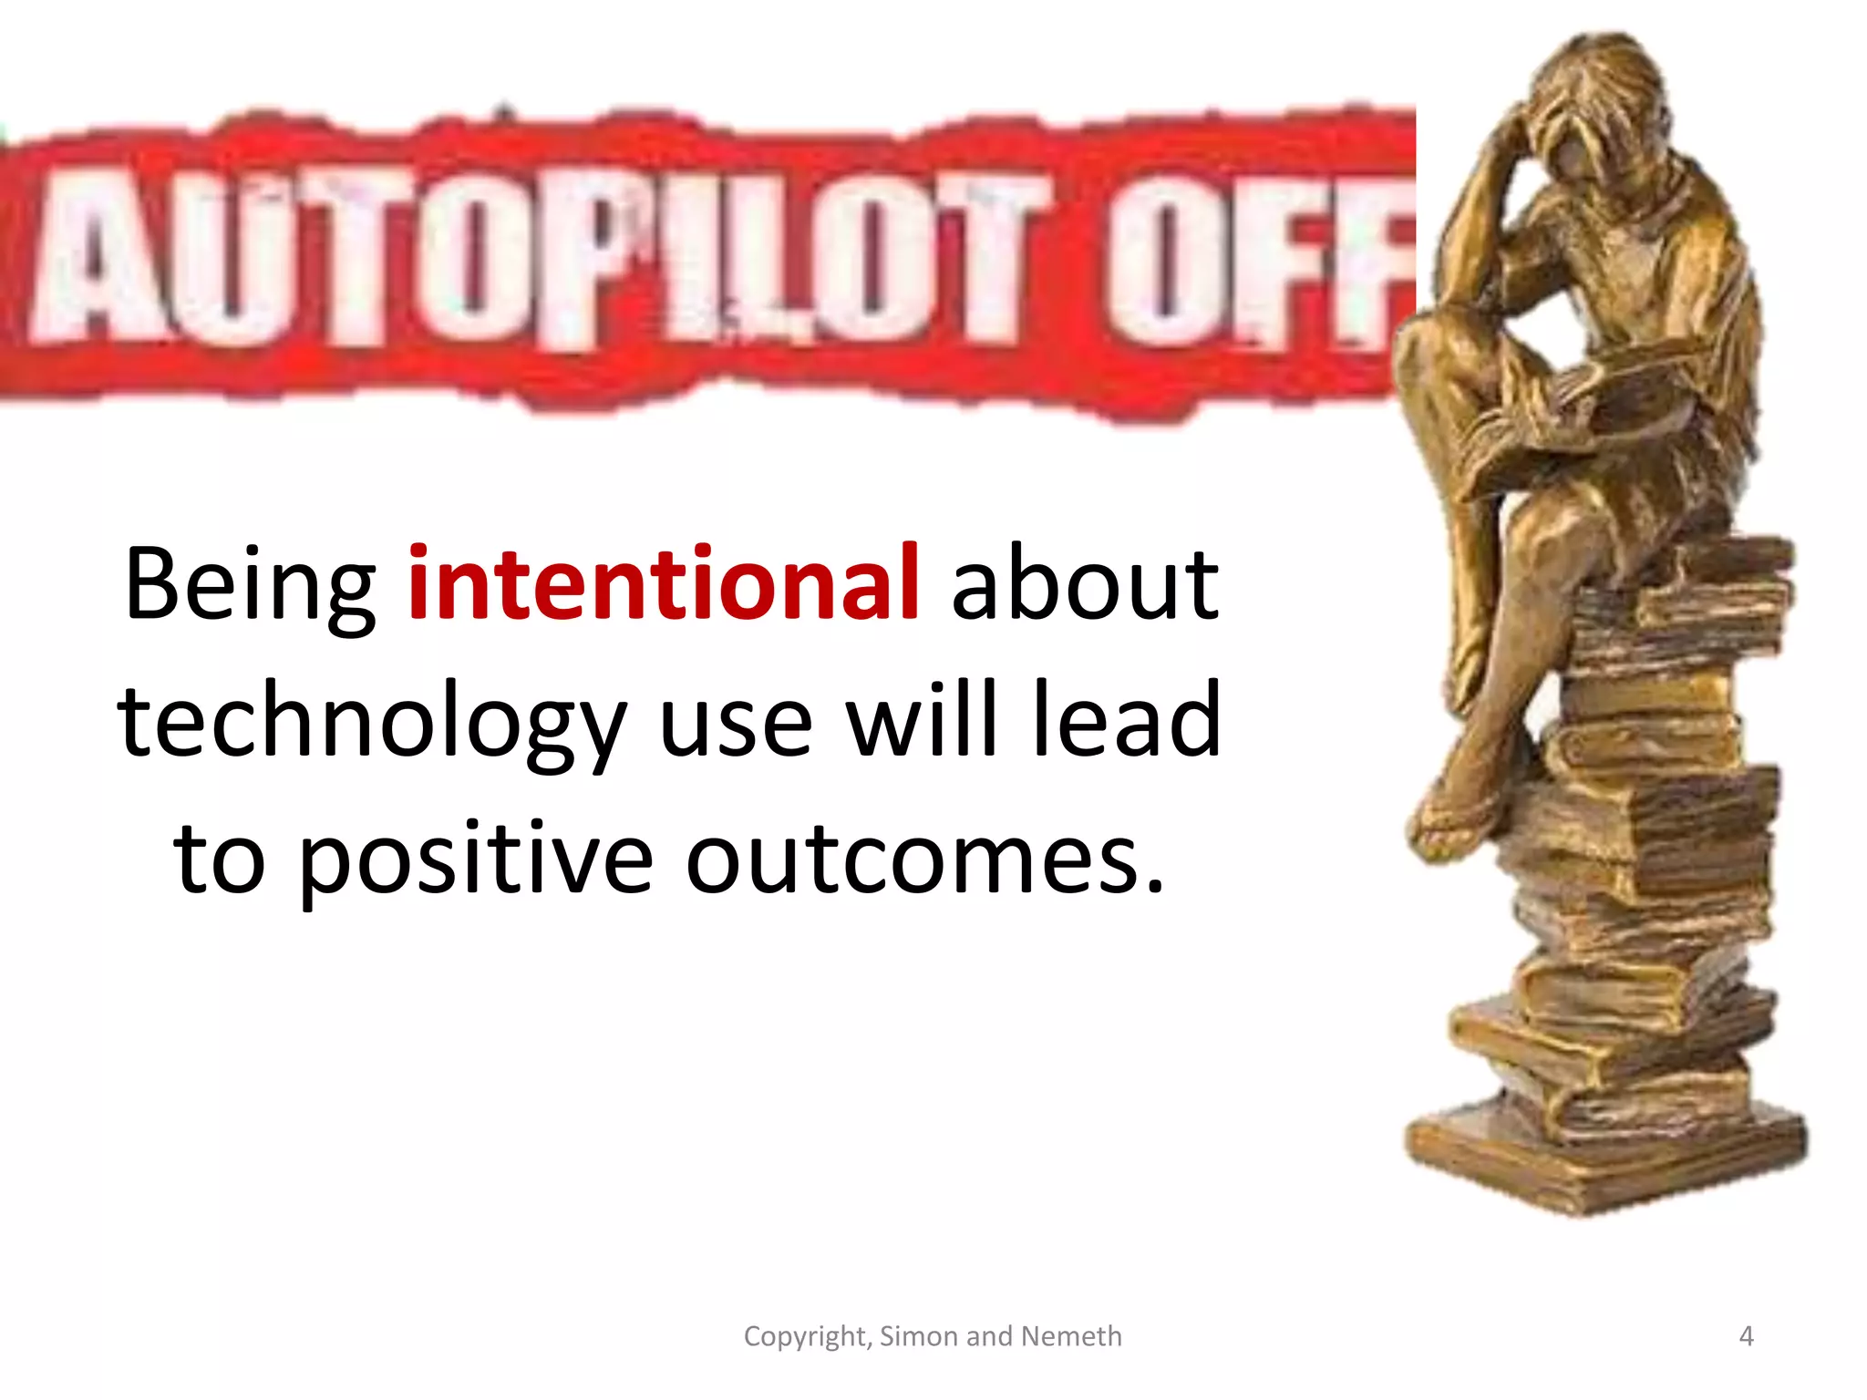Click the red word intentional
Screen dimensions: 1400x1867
[x=663, y=583]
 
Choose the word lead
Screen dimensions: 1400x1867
[x=1127, y=720]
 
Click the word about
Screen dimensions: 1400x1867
[x=1085, y=583]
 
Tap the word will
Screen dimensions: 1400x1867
[x=923, y=720]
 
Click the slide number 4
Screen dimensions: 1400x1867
[x=1746, y=1336]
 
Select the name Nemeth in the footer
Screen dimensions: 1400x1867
[x=1071, y=1336]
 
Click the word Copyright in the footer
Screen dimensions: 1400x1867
[x=808, y=1336]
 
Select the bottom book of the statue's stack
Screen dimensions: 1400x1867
[x=1604, y=1158]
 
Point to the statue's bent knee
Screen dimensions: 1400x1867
[x=1431, y=346]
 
